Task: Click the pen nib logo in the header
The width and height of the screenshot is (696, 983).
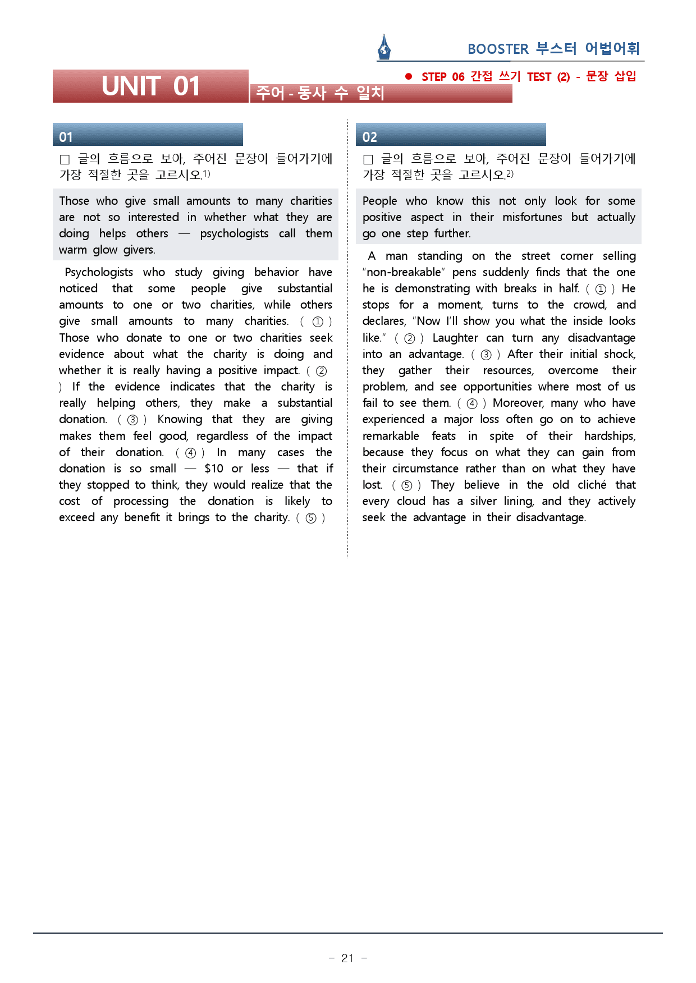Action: coord(384,47)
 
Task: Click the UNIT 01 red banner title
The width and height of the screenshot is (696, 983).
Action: coord(150,86)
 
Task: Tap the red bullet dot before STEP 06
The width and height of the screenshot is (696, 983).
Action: coord(409,76)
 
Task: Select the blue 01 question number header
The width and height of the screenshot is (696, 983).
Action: coord(148,135)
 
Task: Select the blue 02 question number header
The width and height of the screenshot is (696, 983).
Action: coord(451,135)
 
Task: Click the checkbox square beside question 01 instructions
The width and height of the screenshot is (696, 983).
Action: coord(65,160)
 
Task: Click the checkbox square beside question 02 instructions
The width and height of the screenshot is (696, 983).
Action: coord(368,160)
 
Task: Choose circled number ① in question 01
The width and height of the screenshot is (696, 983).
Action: coord(317,321)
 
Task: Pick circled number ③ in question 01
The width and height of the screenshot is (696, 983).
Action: coord(132,420)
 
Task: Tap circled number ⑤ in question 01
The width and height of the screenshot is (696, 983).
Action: coord(310,518)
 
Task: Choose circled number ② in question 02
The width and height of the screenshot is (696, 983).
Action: coord(410,338)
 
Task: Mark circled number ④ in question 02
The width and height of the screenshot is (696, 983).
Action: coord(472,403)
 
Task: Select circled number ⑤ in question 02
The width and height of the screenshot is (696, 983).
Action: coord(407,485)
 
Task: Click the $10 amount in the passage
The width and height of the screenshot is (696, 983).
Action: coord(214,468)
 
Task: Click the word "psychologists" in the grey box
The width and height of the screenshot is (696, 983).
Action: coord(234,233)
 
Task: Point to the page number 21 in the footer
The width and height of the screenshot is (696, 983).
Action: coord(347,958)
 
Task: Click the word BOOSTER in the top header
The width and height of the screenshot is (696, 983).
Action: coord(498,49)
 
